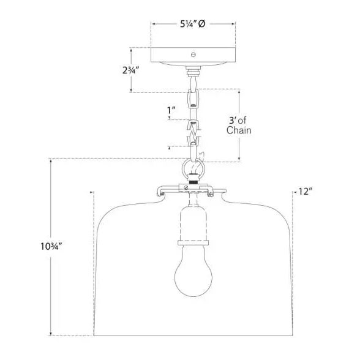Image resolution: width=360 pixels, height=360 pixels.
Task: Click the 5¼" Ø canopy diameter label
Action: [192, 24]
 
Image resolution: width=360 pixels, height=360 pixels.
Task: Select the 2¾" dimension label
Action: [131, 70]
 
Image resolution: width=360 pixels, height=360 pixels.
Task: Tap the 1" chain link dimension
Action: [171, 111]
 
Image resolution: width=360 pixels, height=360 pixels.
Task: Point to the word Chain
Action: [239, 130]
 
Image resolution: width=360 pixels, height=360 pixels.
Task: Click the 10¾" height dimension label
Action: [51, 246]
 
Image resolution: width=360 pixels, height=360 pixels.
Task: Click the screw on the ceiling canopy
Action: [193, 54]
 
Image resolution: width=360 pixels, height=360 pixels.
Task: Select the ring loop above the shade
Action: [183, 170]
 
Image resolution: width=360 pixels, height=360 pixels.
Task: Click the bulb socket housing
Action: [193, 223]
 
